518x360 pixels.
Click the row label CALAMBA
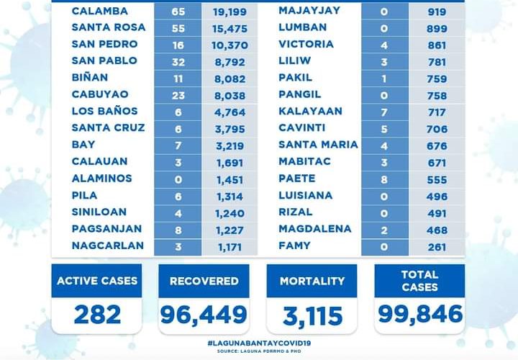coord(100,11)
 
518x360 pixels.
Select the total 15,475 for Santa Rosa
coord(230,27)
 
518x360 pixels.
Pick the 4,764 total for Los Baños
coord(230,111)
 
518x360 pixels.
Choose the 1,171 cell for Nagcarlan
coord(230,246)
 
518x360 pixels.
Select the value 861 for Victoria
coord(435,44)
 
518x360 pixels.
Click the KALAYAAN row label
coord(310,111)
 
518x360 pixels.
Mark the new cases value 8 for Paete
coord(384,178)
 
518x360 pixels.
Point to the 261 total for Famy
coord(435,246)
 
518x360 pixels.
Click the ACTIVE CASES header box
coord(96,281)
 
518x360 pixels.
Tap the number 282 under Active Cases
coord(96,314)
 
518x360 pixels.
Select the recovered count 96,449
coord(204,314)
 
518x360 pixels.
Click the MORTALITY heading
coord(312,281)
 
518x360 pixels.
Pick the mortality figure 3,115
coord(312,314)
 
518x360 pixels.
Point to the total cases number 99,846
coord(419,314)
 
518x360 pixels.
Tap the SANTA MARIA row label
coord(318,145)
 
